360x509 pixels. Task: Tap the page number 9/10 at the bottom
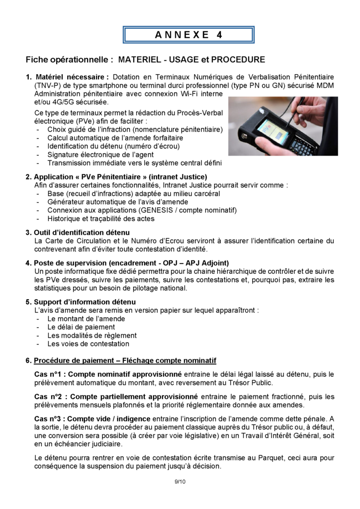tap(180, 482)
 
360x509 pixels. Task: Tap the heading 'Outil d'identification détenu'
tap(82, 232)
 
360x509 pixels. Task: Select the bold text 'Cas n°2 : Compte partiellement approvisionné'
tap(116, 397)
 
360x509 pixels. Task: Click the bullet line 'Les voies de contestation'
tap(88, 343)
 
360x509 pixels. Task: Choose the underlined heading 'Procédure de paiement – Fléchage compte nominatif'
tap(124, 360)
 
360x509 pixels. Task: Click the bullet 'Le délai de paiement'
tap(81, 327)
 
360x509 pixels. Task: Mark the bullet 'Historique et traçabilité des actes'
tap(105, 219)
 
